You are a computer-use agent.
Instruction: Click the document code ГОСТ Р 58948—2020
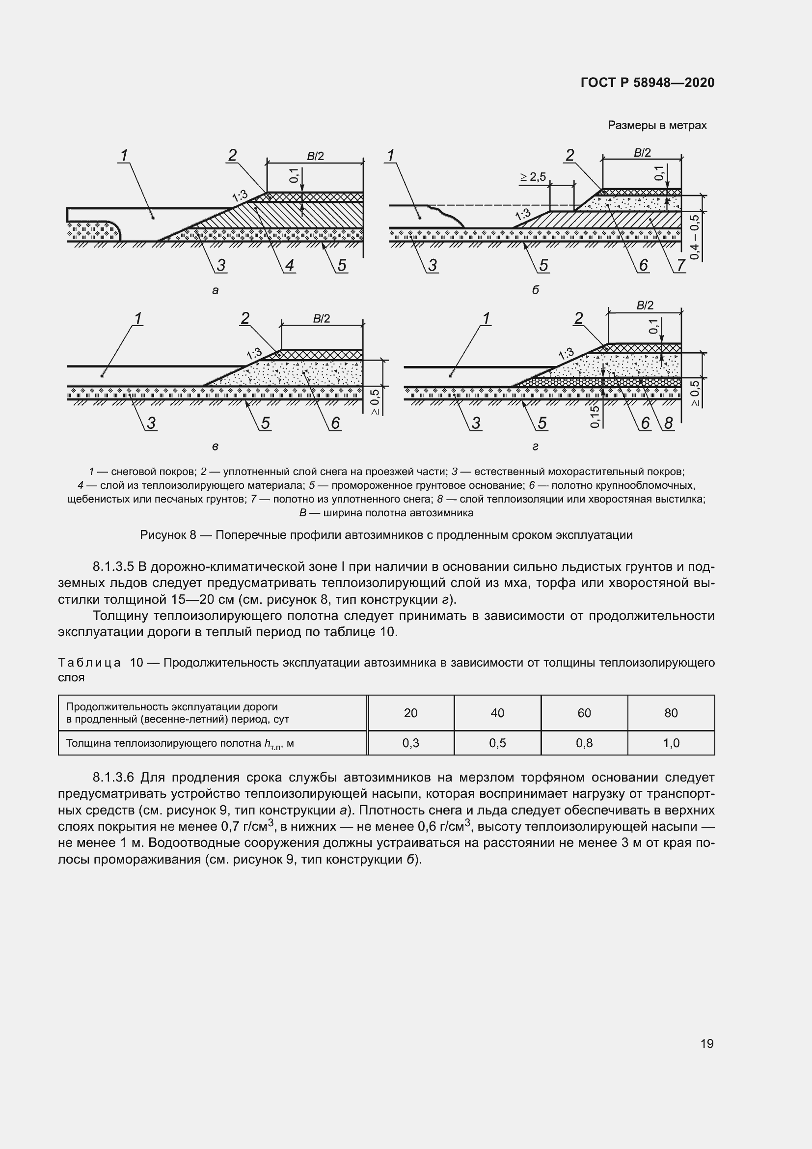point(648,83)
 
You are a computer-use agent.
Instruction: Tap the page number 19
point(707,1043)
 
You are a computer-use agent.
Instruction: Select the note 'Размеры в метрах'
point(657,125)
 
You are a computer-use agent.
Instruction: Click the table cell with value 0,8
point(584,743)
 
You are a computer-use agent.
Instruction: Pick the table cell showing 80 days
point(671,713)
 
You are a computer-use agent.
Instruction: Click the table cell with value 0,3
point(410,743)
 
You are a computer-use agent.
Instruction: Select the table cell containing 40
point(497,713)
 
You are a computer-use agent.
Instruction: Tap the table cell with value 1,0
point(671,743)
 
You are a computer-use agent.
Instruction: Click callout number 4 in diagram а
point(290,265)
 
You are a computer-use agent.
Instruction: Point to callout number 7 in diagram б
point(680,265)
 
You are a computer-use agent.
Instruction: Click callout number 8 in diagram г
point(669,423)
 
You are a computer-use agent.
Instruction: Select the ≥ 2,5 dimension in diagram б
point(533,177)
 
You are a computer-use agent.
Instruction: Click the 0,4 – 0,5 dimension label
point(695,236)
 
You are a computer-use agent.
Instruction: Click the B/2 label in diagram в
point(322,319)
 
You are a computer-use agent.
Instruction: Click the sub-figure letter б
point(536,290)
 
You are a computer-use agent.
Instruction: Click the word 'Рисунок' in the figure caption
point(162,535)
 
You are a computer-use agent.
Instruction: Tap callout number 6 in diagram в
point(335,423)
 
